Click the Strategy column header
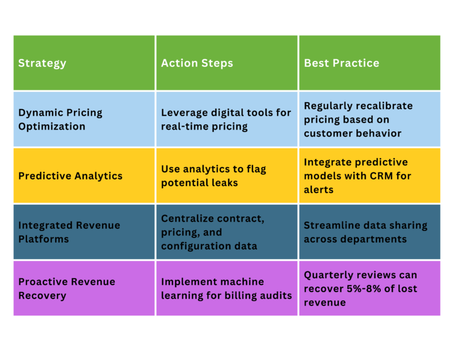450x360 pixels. pos(42,63)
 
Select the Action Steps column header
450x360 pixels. pos(197,63)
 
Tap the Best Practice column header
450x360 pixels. pos(341,63)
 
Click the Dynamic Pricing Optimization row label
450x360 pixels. pos(60,120)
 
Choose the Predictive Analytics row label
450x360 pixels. pos(70,176)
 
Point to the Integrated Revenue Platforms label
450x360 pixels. pos(69,232)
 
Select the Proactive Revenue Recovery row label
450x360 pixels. pos(67,288)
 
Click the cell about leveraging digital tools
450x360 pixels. pos(226,120)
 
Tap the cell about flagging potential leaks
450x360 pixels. pos(213,176)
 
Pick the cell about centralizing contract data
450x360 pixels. pos(212,232)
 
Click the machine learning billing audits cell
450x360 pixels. pos(226,288)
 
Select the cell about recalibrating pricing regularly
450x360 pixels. pos(358,120)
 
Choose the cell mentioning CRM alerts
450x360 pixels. pos(357,176)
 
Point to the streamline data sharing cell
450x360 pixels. pos(365,232)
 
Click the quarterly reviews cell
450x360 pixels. pos(360,288)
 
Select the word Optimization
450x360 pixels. pos(52,127)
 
